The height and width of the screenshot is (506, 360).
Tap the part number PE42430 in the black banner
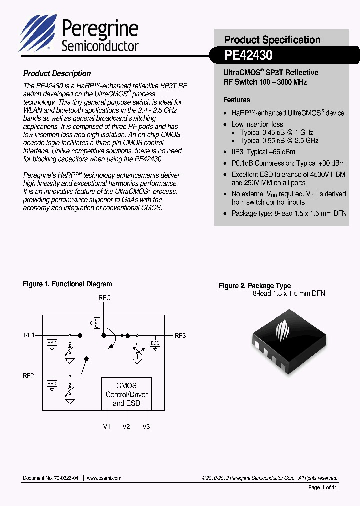coord(248,55)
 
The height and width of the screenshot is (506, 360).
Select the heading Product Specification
coord(272,40)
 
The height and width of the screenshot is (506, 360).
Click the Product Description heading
coord(57,73)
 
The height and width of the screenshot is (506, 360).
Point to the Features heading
coord(237,100)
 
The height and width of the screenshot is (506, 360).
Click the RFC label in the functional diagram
coord(104,298)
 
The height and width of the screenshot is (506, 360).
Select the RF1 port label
coord(28,335)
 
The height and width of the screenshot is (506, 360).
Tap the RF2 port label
coord(28,376)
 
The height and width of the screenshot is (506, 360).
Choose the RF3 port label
coord(180,335)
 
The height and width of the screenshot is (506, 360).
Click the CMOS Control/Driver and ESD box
coord(126,394)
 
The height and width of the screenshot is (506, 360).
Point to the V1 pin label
coord(107,426)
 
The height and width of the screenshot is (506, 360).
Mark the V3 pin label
coord(146,426)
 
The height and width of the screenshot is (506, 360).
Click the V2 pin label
coord(126,426)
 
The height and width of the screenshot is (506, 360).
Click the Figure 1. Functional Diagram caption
coord(67,284)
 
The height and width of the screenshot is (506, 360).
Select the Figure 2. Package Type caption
coord(255,286)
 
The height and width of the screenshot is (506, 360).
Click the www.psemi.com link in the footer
coord(104,478)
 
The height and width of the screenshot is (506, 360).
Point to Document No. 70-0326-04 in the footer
coord(50,478)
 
